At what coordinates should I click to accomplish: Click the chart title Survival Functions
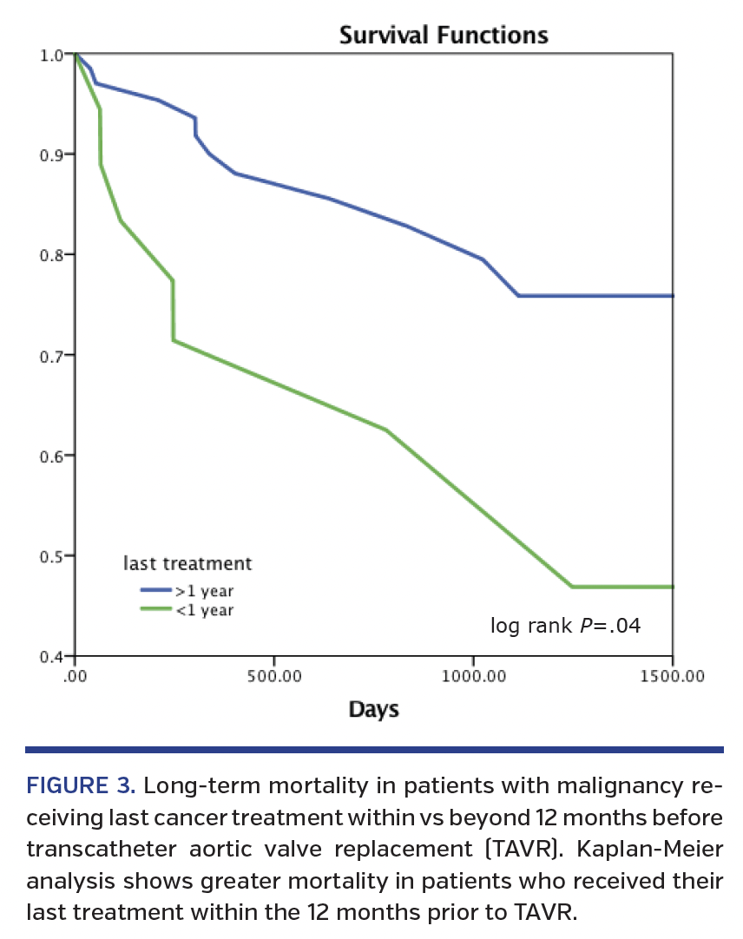pyautogui.click(x=443, y=36)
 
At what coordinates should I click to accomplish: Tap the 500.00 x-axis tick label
pyautogui.click(x=273, y=676)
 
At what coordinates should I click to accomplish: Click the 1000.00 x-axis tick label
pyautogui.click(x=473, y=676)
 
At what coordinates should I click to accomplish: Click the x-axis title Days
pyautogui.click(x=373, y=710)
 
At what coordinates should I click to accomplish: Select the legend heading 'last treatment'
pyautogui.click(x=187, y=563)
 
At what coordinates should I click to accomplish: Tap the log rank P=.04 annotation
pyautogui.click(x=565, y=625)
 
